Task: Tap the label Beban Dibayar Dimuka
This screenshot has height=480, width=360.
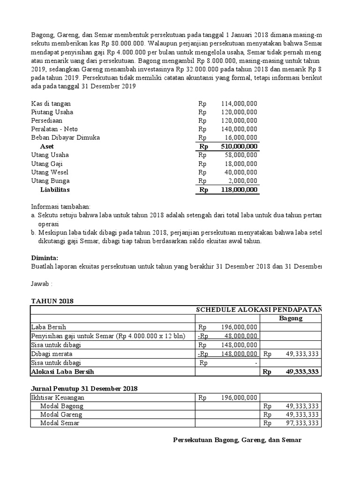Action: tap(65, 137)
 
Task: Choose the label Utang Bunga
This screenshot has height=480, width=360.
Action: tap(50, 180)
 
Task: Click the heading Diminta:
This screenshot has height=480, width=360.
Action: tap(45, 258)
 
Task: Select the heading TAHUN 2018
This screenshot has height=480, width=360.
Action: tap(52, 301)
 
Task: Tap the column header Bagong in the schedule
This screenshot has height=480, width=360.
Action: tap(291, 318)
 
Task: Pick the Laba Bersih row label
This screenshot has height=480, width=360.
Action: tap(48, 327)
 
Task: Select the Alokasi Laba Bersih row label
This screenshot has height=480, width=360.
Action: tap(62, 371)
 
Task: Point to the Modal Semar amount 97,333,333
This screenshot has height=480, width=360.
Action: tap(302, 423)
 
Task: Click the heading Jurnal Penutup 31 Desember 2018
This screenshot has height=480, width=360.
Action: tap(84, 389)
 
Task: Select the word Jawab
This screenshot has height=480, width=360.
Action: tap(40, 284)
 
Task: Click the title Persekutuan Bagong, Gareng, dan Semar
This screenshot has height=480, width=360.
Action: tap(237, 440)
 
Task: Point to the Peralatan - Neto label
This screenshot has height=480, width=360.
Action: tap(54, 129)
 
